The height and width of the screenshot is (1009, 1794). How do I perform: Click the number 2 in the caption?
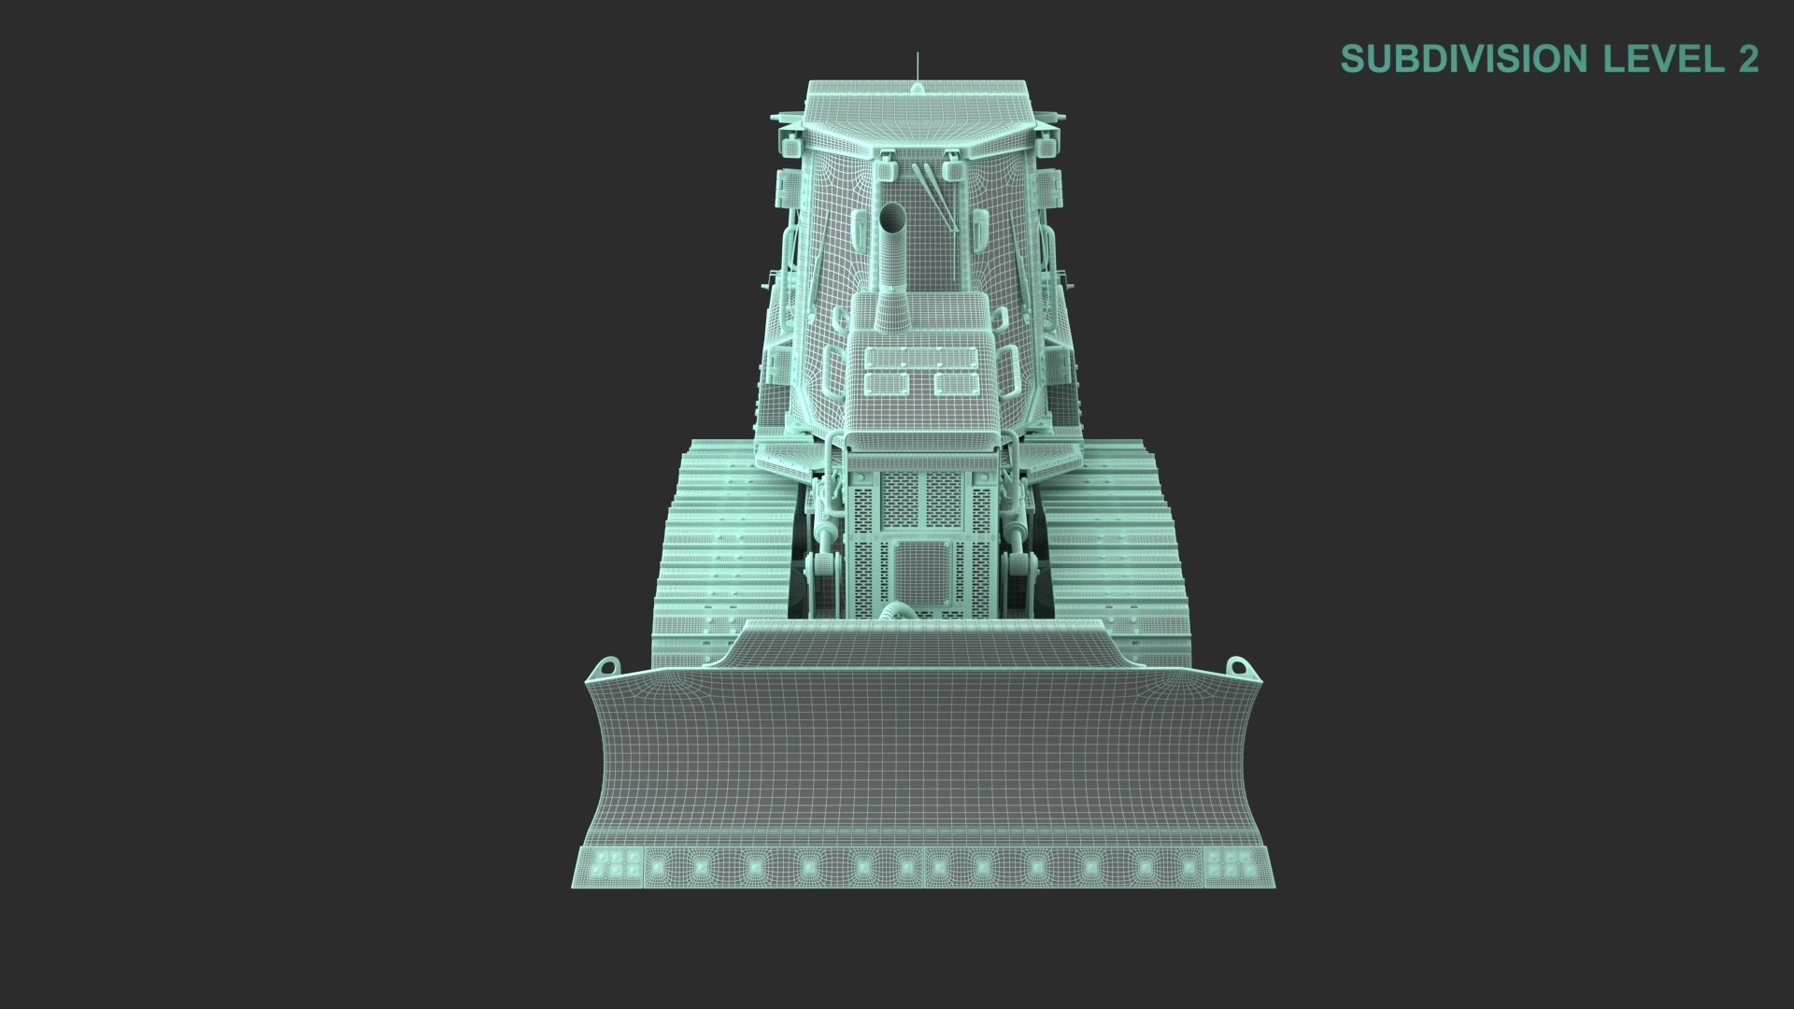(x=1747, y=59)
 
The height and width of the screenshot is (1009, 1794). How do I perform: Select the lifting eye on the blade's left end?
(x=607, y=669)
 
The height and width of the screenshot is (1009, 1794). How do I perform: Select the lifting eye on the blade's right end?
(x=1238, y=669)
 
